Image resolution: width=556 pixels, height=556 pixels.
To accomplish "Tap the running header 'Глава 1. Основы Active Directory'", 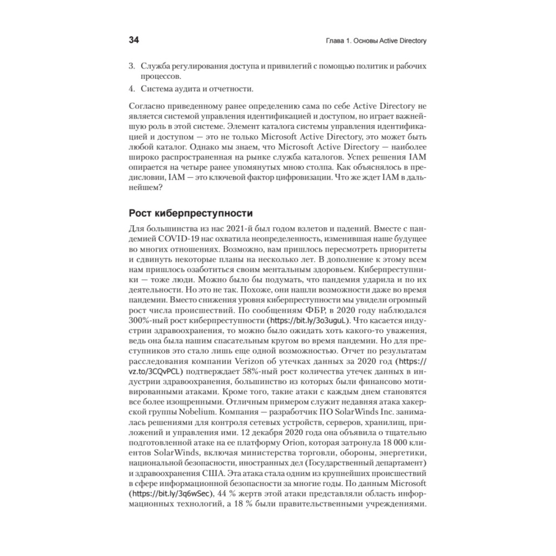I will coord(374,41).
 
